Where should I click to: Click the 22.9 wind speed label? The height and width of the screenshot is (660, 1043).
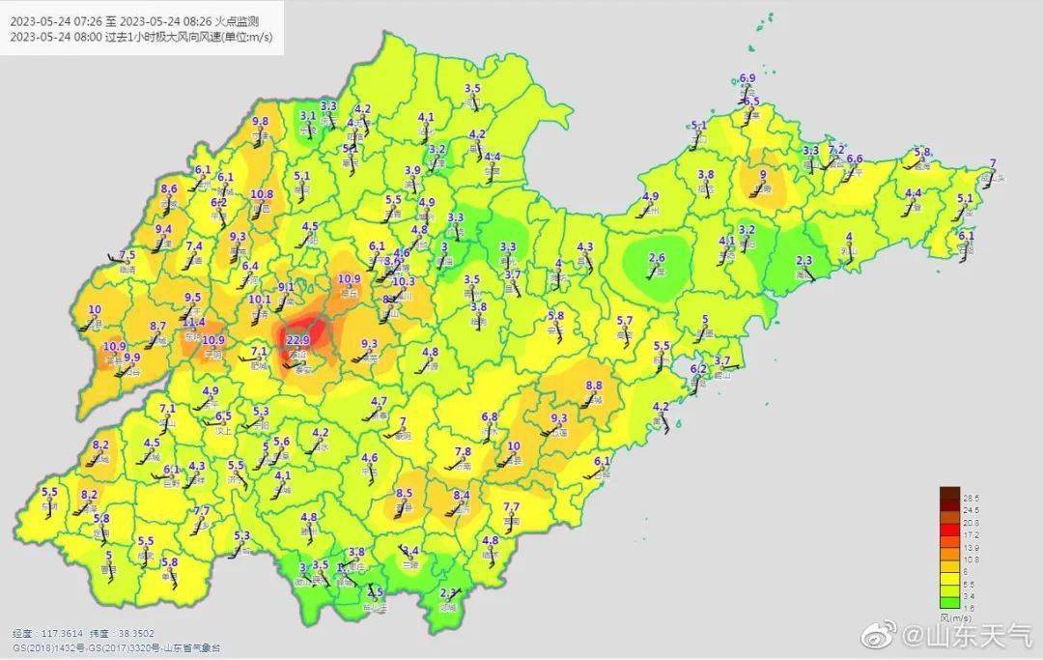pos(297,339)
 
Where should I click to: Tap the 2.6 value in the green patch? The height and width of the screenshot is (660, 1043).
pos(658,258)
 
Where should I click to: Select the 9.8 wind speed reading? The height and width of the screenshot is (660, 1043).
pos(261,122)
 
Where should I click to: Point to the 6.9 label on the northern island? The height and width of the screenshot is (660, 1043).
pos(747,78)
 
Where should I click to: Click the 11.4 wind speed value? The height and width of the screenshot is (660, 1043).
pos(194,322)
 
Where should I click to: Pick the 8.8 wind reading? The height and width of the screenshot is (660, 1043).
pos(594,385)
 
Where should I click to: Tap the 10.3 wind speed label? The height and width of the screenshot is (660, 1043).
pos(403,282)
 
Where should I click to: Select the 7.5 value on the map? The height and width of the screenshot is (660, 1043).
pos(127,255)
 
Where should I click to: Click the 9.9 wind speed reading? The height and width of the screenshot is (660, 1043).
pos(132,357)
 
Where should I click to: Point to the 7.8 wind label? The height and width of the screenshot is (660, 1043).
pos(463,451)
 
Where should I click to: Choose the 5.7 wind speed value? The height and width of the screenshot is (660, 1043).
pos(625,321)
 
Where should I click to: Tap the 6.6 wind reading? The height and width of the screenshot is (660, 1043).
pos(854,159)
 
